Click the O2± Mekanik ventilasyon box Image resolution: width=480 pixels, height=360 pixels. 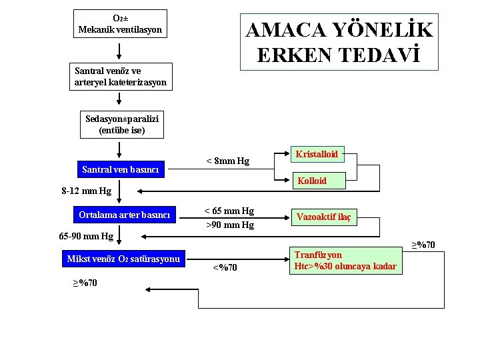click(120, 23)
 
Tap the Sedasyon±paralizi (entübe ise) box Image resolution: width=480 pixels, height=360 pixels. click(122, 125)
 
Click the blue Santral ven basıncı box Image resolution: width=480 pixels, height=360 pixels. click(121, 169)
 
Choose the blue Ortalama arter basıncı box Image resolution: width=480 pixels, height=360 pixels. click(124, 215)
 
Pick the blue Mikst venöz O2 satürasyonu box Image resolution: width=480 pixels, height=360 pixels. click(123, 259)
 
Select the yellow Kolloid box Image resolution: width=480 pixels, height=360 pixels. click(312, 180)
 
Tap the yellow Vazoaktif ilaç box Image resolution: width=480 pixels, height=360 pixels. click(324, 216)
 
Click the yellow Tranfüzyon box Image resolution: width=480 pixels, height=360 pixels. click(345, 261)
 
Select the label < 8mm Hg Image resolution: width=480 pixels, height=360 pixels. click(227, 161)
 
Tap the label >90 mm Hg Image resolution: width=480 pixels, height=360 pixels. click(229, 225)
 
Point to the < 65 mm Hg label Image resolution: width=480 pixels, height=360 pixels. click(229, 211)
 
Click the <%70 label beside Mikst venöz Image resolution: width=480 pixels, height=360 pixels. click(225, 268)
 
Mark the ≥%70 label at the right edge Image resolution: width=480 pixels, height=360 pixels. click(423, 245)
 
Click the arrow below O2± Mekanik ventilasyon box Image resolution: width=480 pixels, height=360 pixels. click(120, 51)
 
